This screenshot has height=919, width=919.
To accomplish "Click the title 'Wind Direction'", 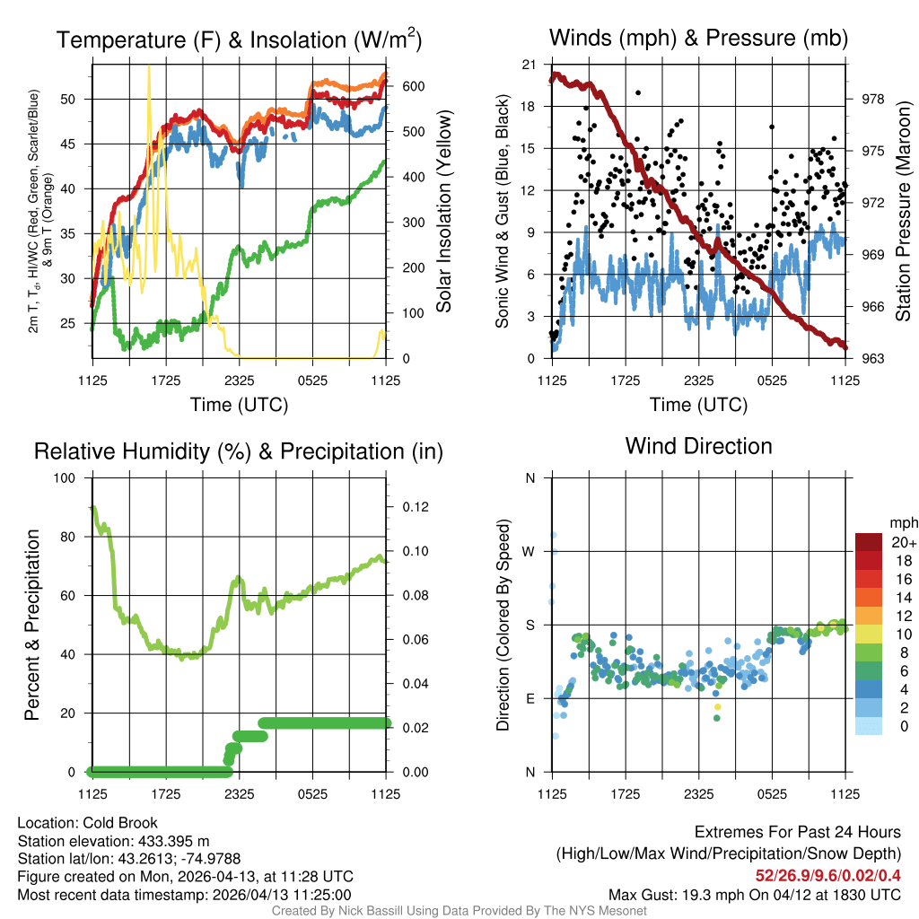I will (x=698, y=446).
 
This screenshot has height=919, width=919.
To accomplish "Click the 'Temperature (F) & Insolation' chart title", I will (x=239, y=39).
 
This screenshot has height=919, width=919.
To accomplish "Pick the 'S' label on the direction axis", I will (x=530, y=625).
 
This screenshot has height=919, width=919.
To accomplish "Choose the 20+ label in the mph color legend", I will (x=879, y=542).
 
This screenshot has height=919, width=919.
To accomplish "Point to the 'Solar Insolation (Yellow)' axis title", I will (x=443, y=212).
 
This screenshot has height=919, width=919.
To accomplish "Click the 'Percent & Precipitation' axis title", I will (x=32, y=625).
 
